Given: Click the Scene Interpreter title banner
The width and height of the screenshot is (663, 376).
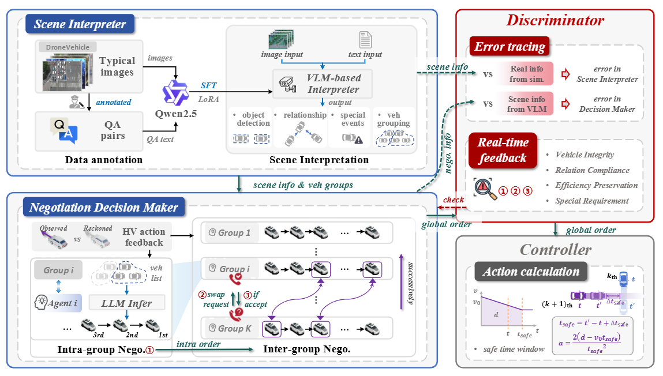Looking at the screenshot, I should point(80,24).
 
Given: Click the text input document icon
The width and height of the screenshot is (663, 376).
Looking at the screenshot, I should point(365,40).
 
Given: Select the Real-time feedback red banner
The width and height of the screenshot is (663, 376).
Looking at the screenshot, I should point(503,150).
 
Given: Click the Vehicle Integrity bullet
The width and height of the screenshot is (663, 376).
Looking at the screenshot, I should point(584,155).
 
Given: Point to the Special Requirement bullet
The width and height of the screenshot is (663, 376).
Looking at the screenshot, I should point(591,201).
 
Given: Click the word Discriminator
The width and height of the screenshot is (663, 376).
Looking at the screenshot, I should point(555,20).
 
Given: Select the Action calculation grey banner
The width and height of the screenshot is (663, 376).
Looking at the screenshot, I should point(531,272).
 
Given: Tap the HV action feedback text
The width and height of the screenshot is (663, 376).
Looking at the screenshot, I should point(144,237).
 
